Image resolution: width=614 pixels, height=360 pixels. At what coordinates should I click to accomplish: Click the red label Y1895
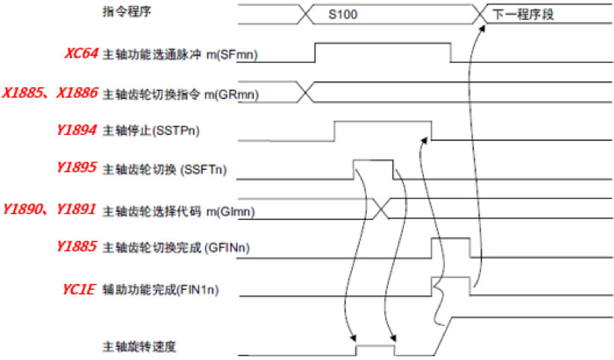76,168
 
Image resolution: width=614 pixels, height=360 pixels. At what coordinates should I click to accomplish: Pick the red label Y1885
76,247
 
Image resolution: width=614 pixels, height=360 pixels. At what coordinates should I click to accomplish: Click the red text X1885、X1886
49,92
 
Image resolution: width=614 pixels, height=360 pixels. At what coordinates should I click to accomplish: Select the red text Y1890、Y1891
49,209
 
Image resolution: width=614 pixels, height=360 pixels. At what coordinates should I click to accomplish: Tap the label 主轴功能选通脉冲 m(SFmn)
180,54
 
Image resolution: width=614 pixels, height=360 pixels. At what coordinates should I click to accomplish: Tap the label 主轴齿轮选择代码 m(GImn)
178,211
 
